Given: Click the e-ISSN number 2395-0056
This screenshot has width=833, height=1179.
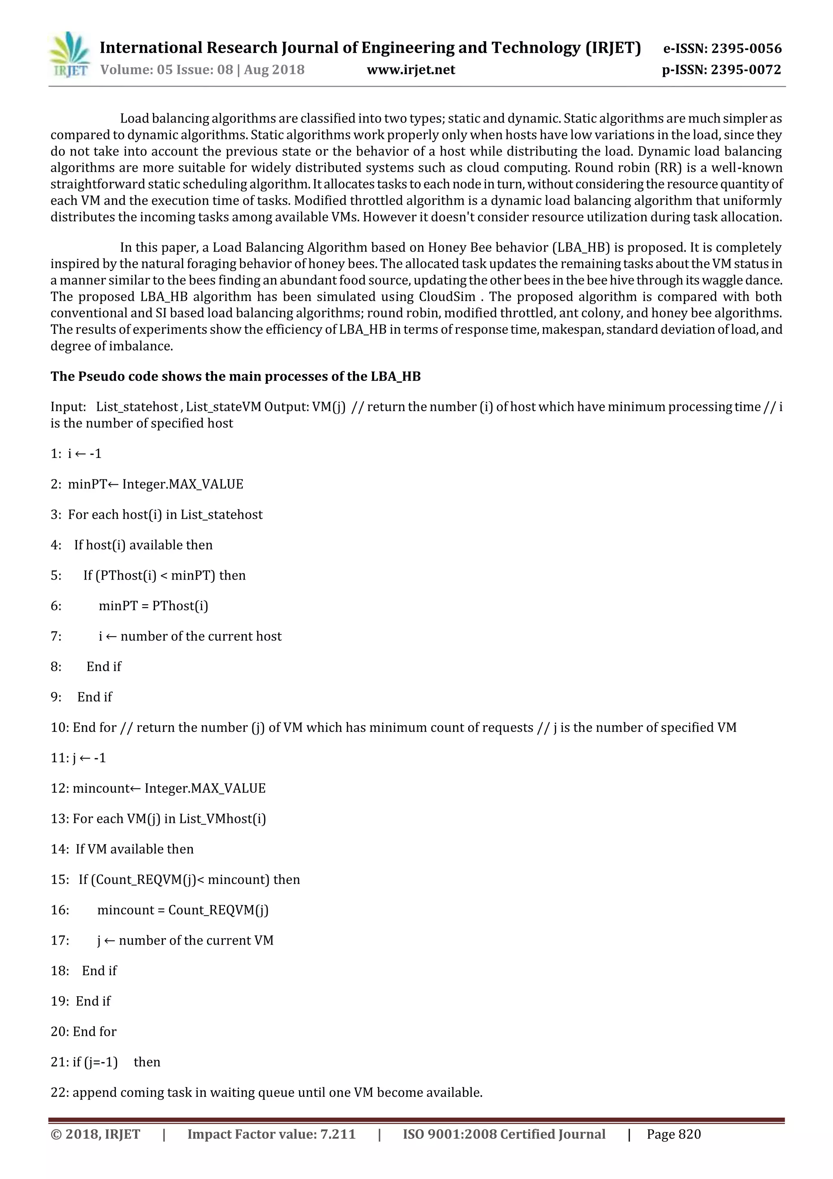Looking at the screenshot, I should (746, 49).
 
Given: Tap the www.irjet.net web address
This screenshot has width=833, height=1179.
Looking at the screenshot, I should (410, 70).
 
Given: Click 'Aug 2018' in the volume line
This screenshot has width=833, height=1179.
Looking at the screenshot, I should (274, 70).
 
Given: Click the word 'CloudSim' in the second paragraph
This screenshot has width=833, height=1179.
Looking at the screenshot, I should (447, 297).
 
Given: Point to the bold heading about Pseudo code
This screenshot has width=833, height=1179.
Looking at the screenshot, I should (235, 376).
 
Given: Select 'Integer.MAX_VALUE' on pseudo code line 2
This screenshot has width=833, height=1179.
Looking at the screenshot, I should (182, 484).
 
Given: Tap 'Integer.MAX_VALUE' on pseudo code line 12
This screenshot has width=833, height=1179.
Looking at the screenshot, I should (205, 788).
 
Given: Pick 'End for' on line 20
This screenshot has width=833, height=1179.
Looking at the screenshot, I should (94, 1032).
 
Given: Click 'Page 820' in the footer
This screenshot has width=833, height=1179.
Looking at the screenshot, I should (674, 1134).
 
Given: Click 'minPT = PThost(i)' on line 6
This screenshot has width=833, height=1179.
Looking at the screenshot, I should (153, 606).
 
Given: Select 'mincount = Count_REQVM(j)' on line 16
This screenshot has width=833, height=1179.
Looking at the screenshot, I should (183, 910).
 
